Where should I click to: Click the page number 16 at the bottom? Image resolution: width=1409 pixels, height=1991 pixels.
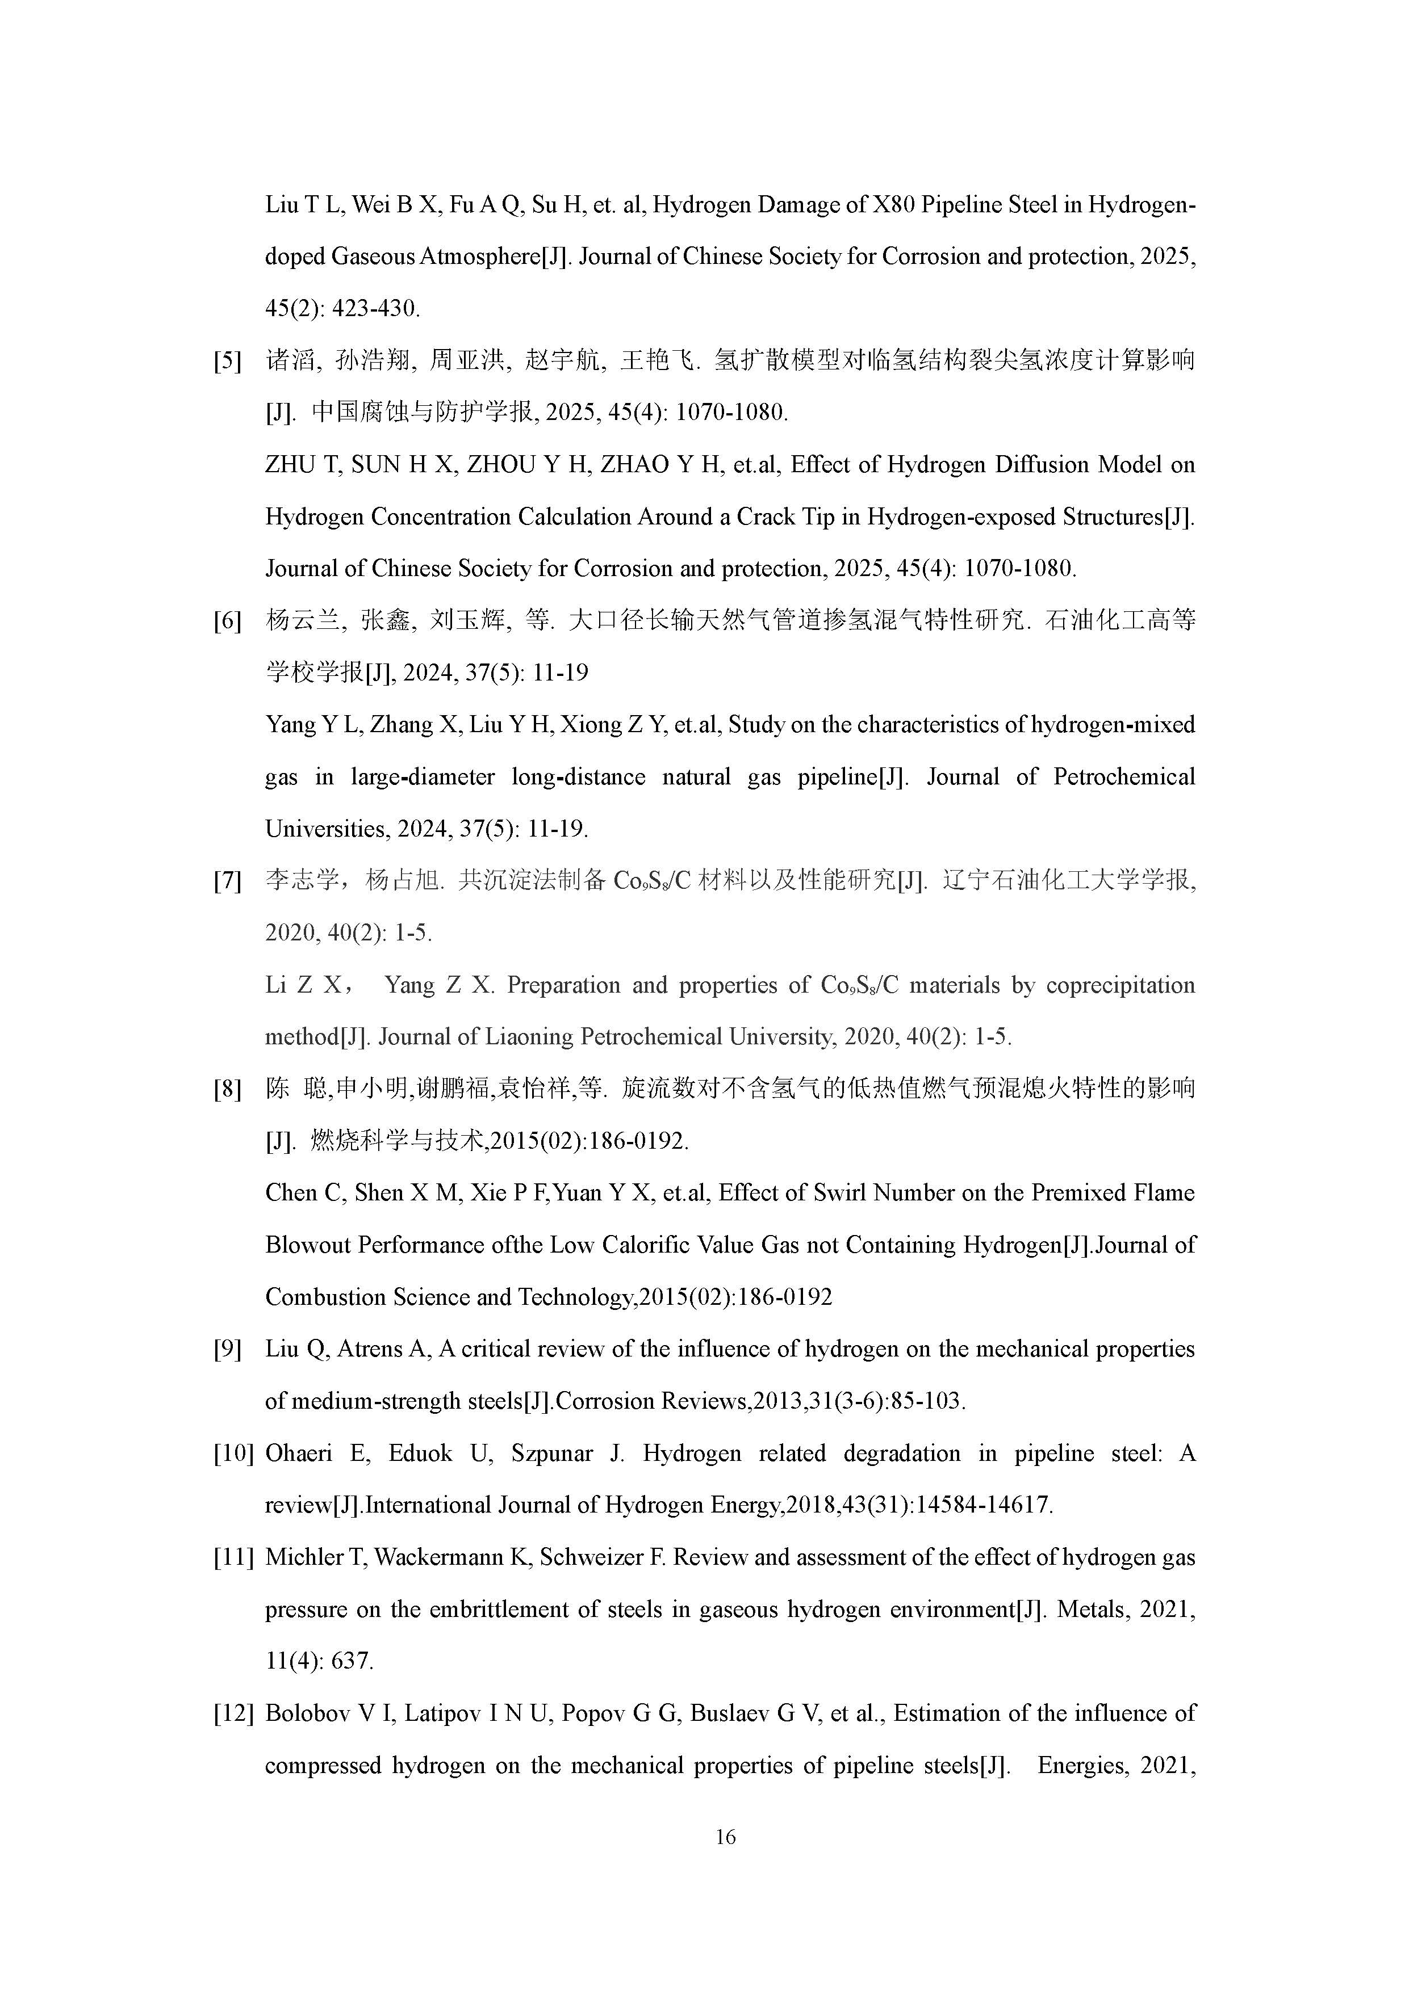click(725, 1836)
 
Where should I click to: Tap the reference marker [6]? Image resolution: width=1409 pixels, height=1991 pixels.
click(227, 621)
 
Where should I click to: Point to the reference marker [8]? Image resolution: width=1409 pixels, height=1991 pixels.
click(227, 1089)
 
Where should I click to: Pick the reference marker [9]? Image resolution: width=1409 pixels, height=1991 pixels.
click(227, 1349)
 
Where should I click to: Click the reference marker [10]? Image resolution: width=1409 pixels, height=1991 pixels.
click(232, 1454)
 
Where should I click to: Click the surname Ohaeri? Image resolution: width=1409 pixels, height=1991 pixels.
click(299, 1454)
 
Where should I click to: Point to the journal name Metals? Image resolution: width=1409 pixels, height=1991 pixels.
click(1086, 1610)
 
